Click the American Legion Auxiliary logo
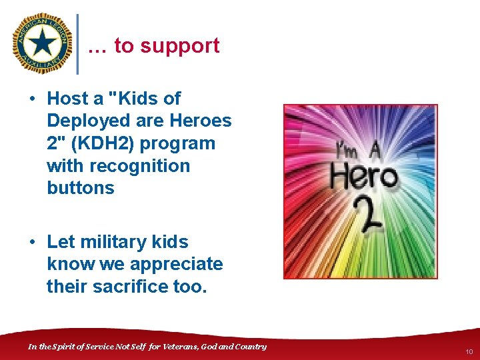(x=43, y=44)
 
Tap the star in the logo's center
(x=43, y=44)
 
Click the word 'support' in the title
(x=179, y=46)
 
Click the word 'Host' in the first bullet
(x=67, y=99)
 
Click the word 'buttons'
(x=81, y=188)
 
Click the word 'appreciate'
(x=176, y=264)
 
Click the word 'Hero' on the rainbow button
(x=363, y=178)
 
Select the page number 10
(x=469, y=351)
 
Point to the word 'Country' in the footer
(x=249, y=346)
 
